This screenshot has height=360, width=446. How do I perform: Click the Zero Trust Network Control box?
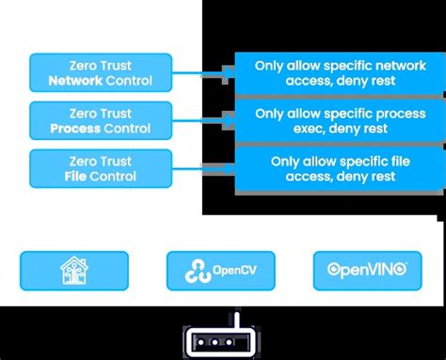tap(101, 73)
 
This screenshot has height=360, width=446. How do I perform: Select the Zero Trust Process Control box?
tap(101, 120)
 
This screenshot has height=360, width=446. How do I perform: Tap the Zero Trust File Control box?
tap(101, 167)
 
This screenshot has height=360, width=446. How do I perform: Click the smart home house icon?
tap(75, 270)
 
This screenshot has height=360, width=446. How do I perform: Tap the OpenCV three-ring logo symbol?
tap(199, 271)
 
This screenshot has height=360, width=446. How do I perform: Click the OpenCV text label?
tap(234, 271)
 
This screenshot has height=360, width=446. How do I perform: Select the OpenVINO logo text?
tap(367, 270)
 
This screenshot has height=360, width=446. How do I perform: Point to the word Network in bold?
tap(77, 82)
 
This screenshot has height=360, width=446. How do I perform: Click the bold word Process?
tap(78, 129)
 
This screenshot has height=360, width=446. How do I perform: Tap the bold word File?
tap(77, 176)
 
